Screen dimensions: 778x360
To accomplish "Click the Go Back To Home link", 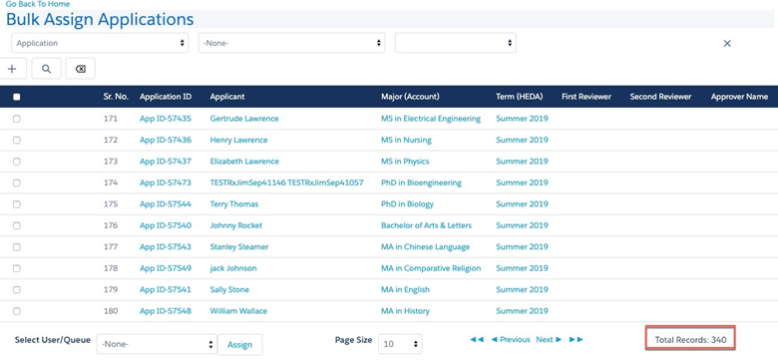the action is [38, 4].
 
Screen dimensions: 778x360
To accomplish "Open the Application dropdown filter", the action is [100, 43].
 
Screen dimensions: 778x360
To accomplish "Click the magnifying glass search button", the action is [46, 69].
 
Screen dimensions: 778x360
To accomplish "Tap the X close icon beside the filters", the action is [727, 44].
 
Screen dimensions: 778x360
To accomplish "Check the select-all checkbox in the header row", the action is [17, 97].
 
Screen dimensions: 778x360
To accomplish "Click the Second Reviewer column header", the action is [660, 97].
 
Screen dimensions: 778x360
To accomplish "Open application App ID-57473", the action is [166, 182].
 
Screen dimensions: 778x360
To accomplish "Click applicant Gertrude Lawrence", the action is [244, 119].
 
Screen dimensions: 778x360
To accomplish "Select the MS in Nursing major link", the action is [406, 140].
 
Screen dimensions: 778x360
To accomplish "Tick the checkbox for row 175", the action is [17, 204].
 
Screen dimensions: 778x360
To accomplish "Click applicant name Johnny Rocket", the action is [236, 225].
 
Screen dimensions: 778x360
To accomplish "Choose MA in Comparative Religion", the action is [431, 268].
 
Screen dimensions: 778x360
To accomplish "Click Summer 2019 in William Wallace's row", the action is [522, 311].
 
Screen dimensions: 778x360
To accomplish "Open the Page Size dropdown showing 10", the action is [400, 344].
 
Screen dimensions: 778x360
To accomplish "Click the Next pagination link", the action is [549, 340].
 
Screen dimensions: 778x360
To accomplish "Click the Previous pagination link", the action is [511, 340].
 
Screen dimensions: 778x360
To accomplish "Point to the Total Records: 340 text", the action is [690, 340].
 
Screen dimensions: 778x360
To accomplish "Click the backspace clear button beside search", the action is [81, 69].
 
